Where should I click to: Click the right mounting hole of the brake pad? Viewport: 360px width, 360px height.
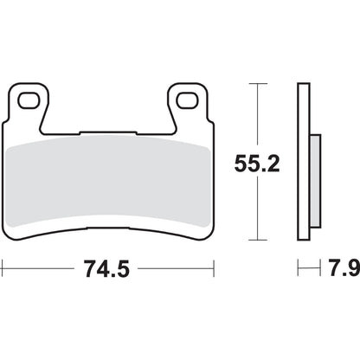pos(184,100)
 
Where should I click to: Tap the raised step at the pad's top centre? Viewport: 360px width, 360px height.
pos(108,132)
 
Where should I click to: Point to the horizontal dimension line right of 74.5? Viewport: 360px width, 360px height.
pos(173,270)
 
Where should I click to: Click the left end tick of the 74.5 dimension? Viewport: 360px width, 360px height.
pos(3,270)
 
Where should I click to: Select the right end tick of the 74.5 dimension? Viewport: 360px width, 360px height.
pos(213,270)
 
